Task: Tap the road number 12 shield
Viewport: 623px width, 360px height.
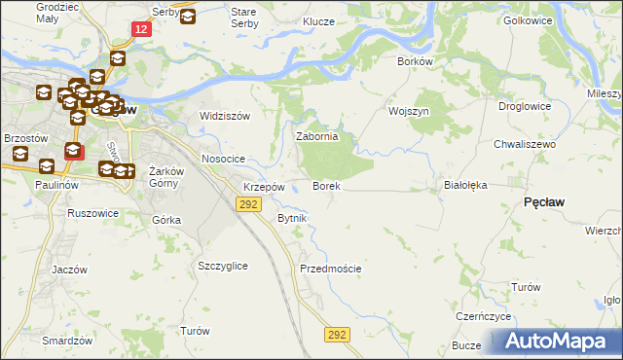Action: (x=142, y=30)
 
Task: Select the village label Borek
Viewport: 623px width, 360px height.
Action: (x=325, y=185)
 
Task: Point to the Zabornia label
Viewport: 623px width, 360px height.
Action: (x=316, y=137)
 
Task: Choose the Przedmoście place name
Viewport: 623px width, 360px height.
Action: (x=331, y=269)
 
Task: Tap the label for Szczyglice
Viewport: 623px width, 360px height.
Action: (x=222, y=266)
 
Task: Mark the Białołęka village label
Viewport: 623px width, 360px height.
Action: (x=464, y=183)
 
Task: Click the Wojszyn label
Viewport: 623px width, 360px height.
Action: (x=409, y=111)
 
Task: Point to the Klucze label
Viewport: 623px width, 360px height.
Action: (x=318, y=21)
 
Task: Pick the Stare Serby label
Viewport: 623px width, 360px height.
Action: (x=243, y=17)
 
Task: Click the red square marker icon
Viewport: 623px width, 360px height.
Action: (x=74, y=152)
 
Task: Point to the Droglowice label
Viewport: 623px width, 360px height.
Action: (x=525, y=106)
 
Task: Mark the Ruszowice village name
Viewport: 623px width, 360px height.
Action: (x=92, y=212)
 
